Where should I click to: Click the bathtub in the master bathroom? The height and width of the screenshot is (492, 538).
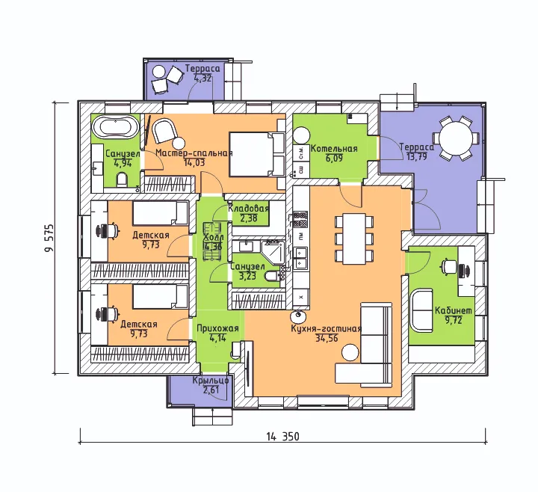tap(115, 127)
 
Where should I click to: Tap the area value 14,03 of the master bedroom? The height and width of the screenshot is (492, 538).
tap(194, 163)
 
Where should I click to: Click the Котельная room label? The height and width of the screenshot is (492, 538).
tap(334, 149)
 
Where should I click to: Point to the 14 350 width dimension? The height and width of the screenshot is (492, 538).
tap(282, 437)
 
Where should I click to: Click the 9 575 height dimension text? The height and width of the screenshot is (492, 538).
tap(49, 238)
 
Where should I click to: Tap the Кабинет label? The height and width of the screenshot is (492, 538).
tap(454, 310)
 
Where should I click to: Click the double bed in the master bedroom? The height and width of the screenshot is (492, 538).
tap(257, 155)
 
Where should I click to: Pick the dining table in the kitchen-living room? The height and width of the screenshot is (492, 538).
tap(354, 239)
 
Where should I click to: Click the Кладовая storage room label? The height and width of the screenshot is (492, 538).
tap(248, 209)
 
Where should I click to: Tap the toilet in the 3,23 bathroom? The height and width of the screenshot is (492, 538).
tap(273, 276)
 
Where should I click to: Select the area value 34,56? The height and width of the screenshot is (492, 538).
tap(327, 338)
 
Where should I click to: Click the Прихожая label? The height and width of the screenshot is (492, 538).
tap(217, 328)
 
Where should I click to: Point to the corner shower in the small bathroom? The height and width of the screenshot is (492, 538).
tap(273, 252)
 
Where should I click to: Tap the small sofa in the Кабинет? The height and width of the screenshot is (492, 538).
tap(421, 310)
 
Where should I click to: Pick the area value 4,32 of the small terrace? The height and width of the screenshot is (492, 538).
tap(202, 78)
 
